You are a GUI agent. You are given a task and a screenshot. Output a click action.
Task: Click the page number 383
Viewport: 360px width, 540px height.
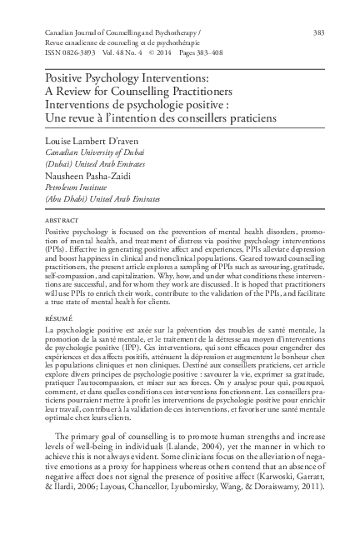pyautogui.click(x=317, y=32)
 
